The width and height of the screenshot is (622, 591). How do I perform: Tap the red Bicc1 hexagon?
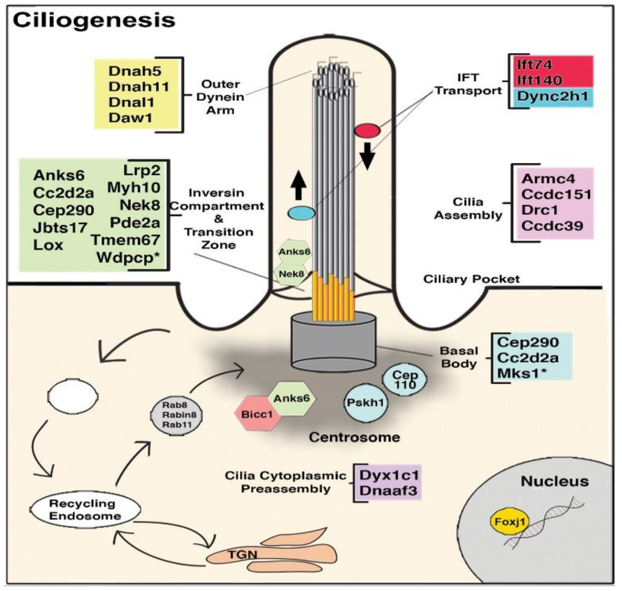pos(257,414)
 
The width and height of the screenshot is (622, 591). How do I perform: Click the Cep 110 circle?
pos(405,379)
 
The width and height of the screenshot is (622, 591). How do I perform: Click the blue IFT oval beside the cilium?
pos(301,213)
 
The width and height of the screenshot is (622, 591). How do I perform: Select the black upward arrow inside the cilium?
pos(298,187)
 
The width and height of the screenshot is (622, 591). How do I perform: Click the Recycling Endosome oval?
pos(85,509)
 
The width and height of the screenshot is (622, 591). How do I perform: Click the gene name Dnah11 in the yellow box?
pos(139,87)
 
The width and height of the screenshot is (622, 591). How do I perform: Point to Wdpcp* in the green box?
pos(128,258)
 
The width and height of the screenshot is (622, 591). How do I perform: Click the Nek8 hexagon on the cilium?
pos(291,274)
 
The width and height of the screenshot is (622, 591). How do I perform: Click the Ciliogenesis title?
pos(94,20)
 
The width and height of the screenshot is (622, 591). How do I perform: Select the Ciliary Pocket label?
pos(471,279)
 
